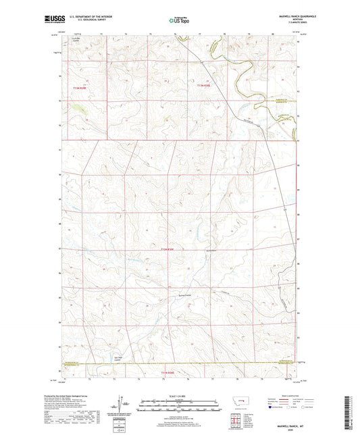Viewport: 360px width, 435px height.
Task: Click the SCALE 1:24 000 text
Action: pos(179,396)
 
